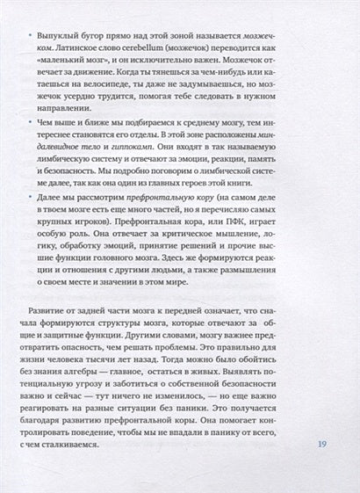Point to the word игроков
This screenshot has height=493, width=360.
point(102,265)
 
